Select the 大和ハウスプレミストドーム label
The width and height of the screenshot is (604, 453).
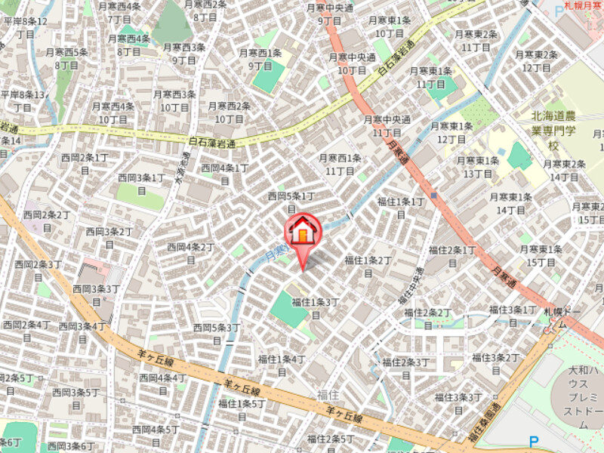pyautogui.click(x=582, y=397)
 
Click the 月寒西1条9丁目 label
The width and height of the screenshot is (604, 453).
pyautogui.click(x=260, y=59)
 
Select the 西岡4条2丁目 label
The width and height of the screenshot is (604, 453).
pyautogui.click(x=190, y=252)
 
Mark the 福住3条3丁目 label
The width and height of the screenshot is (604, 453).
pyautogui.click(x=458, y=402)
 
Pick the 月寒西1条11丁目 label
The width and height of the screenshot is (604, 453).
pyautogui.click(x=340, y=165)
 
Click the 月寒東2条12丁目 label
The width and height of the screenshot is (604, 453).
pyautogui.click(x=536, y=60)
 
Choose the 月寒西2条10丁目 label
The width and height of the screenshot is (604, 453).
pyautogui.click(x=229, y=112)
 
